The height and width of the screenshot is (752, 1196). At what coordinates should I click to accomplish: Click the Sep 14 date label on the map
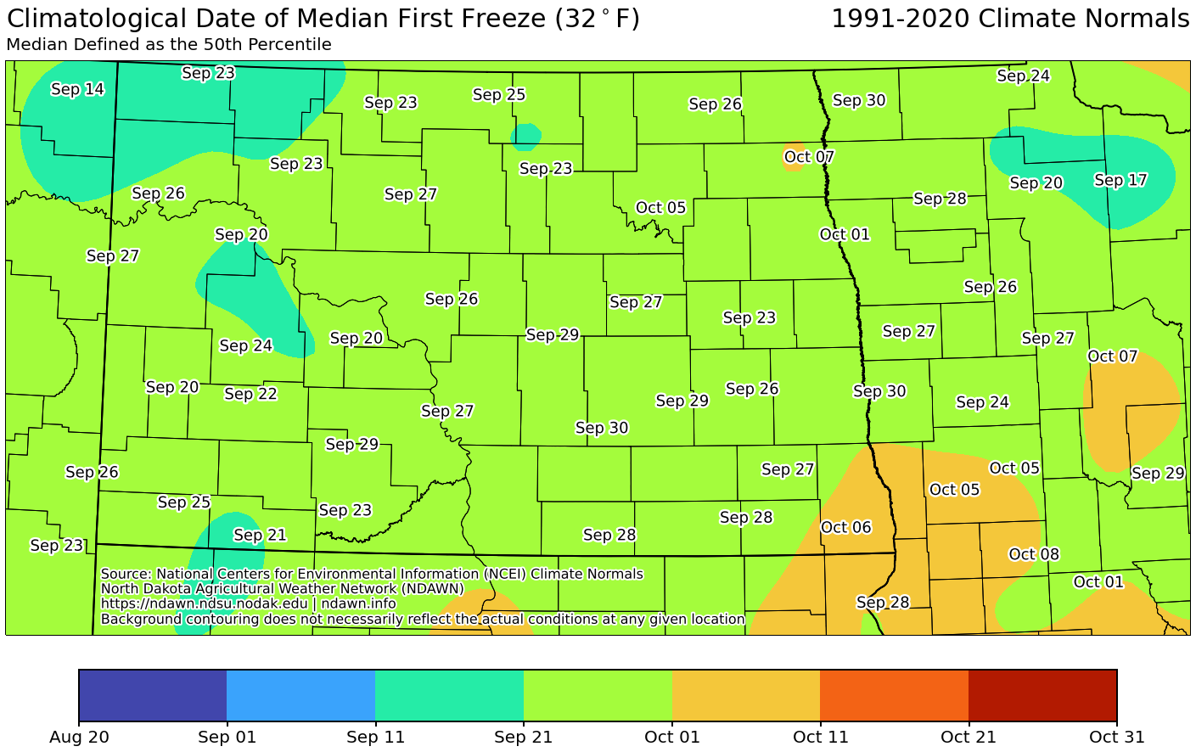77,89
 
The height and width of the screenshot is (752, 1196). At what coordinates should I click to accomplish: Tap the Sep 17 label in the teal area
1120,180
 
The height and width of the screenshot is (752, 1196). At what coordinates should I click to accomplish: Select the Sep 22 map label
250,394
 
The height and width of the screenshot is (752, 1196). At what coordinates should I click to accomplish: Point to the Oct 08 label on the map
1034,554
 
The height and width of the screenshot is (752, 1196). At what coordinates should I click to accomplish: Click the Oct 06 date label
845,527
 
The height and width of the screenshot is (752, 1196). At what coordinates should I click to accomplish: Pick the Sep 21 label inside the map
260,535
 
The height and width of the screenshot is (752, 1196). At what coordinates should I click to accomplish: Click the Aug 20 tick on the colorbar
79,737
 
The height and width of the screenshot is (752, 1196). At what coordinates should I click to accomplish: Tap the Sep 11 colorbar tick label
375,737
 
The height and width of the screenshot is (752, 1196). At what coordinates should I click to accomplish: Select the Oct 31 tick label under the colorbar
1116,737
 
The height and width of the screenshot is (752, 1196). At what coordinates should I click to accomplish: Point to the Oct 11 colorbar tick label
820,737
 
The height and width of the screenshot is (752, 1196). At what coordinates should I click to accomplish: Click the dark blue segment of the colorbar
153,694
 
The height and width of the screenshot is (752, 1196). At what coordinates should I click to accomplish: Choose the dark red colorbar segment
1042,694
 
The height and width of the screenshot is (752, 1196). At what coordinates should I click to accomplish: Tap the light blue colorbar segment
300,694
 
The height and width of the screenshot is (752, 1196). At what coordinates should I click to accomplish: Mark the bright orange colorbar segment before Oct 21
894,694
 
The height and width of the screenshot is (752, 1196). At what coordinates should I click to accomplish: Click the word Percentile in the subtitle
292,45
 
